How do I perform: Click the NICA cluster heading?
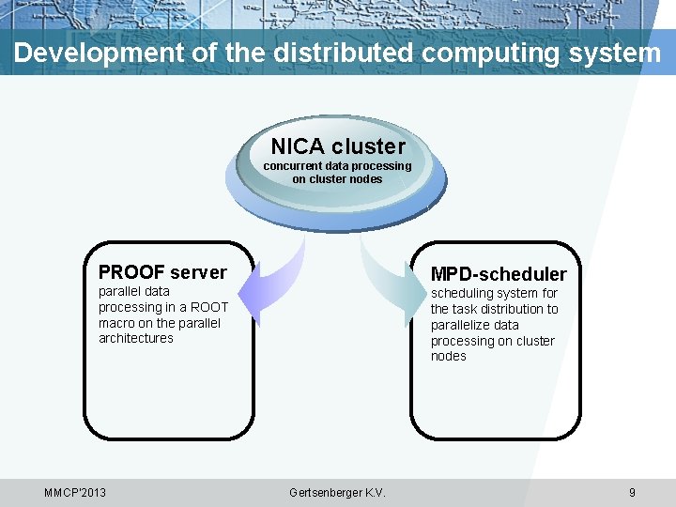click(338, 146)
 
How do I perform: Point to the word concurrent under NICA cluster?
click(293, 166)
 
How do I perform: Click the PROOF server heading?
click(162, 272)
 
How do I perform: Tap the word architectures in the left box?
click(136, 338)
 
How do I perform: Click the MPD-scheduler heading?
click(499, 274)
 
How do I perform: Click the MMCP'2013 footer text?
click(75, 493)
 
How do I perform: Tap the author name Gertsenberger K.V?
click(338, 493)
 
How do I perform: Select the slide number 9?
click(632, 493)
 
